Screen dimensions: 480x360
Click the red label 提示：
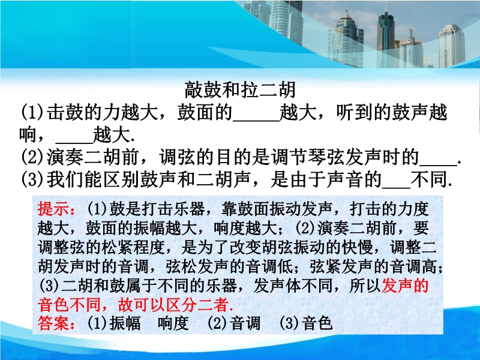pyautogui.click(x=56, y=209)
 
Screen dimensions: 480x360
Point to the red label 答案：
pyautogui.click(x=56, y=323)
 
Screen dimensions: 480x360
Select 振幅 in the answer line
pyautogui.click(x=125, y=323)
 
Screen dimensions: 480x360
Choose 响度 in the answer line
pyautogui.click(x=173, y=323)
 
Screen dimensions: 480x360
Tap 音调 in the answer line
pyautogui.click(x=245, y=323)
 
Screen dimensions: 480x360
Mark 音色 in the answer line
pyautogui.click(x=317, y=323)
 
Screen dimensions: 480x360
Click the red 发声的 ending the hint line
pyautogui.click(x=405, y=286)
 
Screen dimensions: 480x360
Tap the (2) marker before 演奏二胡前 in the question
pyautogui.click(x=32, y=157)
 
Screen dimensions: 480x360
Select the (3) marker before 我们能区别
pyautogui.click(x=32, y=179)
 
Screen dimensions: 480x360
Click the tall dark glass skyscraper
pyautogui.click(x=385, y=36)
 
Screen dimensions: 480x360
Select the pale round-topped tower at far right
pyautogui.click(x=452, y=46)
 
